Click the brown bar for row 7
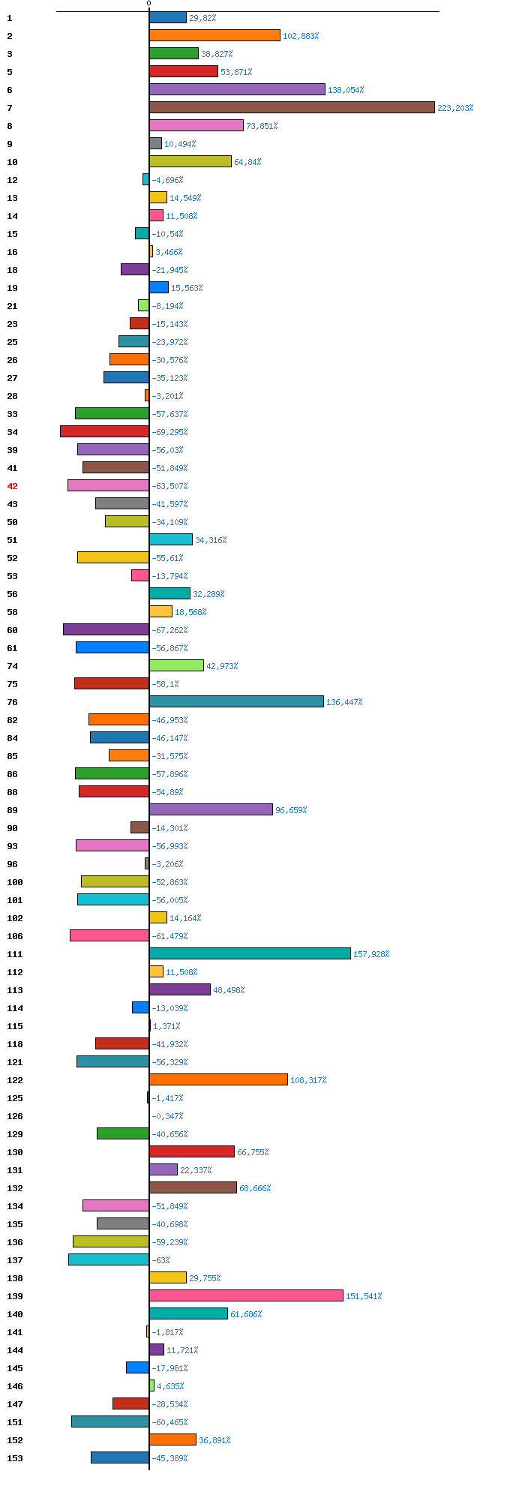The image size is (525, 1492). [292, 107]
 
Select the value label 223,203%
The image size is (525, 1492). [455, 108]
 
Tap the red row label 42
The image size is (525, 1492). [12, 486]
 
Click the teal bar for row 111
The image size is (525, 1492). [250, 953]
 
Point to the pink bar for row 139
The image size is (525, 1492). [246, 1295]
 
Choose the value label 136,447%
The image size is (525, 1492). [344, 702]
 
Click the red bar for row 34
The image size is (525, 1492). [104, 431]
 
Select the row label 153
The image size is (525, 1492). [14, 1458]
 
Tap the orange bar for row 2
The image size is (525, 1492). [214, 35]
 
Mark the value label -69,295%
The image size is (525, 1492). [169, 432]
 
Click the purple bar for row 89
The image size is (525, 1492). [211, 809]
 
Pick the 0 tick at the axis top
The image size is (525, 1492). [148, 4]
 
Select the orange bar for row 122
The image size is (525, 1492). [218, 1079]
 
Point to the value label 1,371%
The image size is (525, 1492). [166, 1026]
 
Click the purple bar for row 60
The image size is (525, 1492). [106, 629]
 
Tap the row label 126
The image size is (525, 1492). [14, 1116]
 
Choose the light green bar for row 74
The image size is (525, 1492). [176, 665]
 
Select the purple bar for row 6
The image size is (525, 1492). [237, 89]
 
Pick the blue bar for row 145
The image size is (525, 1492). [137, 1367]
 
